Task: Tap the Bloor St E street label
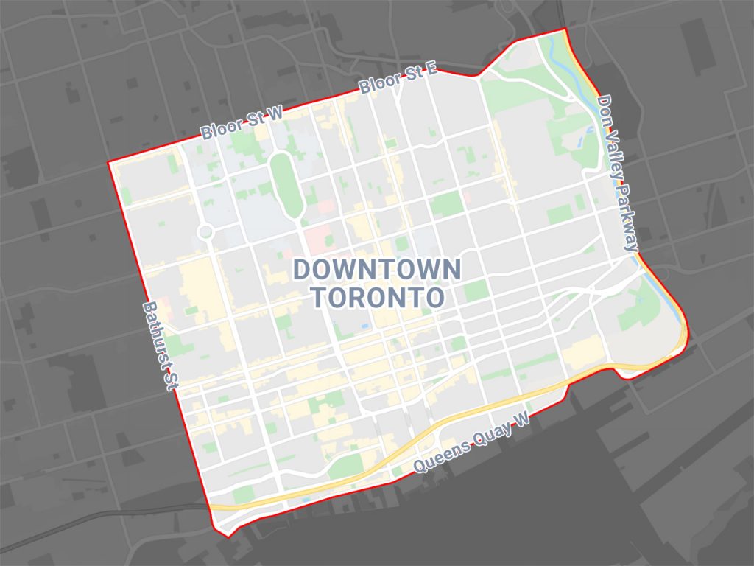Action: [398, 80]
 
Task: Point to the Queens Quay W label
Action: [471, 443]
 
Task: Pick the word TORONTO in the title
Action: [377, 298]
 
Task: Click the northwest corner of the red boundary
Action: [109, 162]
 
